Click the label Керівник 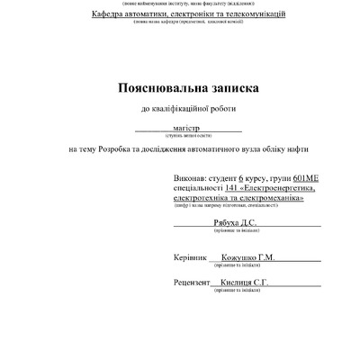coord(190,256)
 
